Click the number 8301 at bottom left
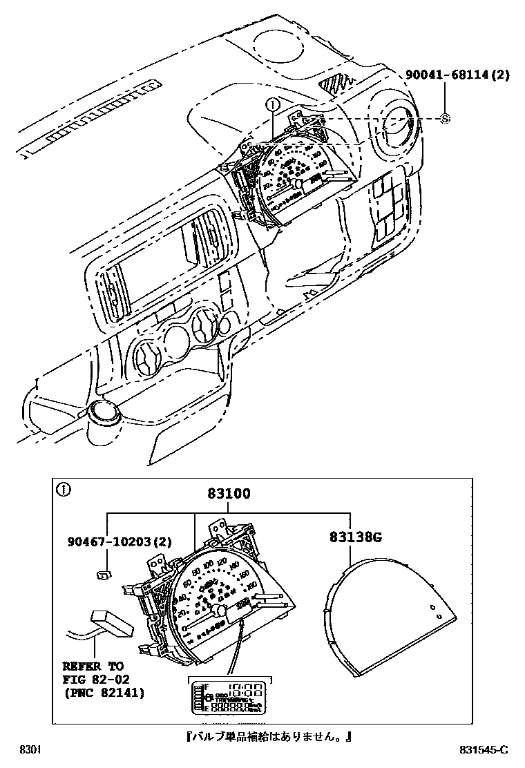(29, 750)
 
